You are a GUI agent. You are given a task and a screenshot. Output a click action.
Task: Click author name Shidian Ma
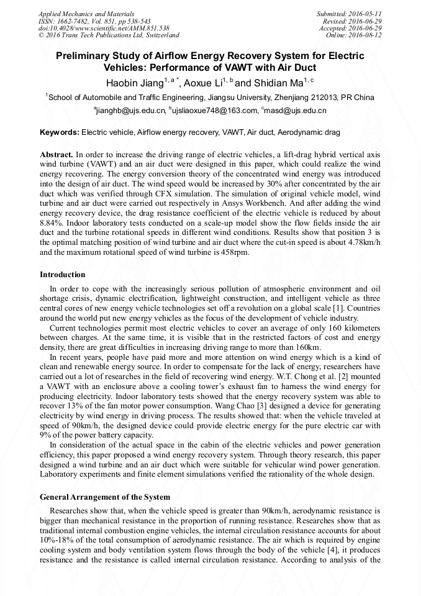point(274,83)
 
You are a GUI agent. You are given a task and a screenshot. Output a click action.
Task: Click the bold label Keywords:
point(60,133)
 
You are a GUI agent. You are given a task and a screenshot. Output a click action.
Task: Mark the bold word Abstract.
point(57,154)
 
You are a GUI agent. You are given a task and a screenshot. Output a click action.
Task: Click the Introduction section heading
point(63,275)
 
